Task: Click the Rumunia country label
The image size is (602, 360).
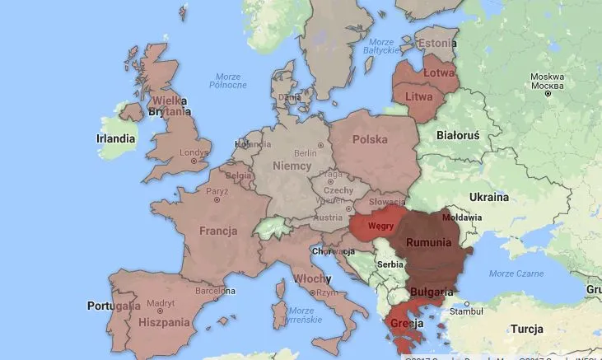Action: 427,242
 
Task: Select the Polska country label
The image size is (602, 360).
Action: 370,139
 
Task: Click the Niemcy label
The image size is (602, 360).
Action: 292,166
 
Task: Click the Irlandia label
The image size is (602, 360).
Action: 115,139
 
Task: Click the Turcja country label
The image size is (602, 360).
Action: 527,329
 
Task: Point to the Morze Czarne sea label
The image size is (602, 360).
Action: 516,273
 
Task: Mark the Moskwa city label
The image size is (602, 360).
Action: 547,80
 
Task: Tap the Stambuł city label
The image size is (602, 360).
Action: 465,312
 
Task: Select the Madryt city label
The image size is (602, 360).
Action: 161,302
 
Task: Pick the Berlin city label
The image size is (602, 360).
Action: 306,152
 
